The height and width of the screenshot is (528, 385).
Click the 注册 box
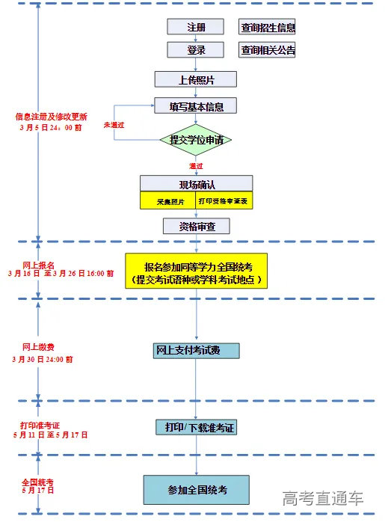tap(195, 27)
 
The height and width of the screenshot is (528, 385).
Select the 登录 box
tap(195, 50)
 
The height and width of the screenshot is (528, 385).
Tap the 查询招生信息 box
tap(267, 28)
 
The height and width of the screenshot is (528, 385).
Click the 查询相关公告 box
tap(267, 50)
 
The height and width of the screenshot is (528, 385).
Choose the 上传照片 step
tap(196, 79)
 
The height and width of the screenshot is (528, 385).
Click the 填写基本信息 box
tap(196, 105)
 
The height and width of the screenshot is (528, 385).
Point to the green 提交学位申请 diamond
tap(196, 140)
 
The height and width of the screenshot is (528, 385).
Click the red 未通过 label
tap(114, 124)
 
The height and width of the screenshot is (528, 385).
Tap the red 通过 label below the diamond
tap(197, 165)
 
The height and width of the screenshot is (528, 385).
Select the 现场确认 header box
tap(196, 184)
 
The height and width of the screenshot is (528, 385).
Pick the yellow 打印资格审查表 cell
tap(224, 202)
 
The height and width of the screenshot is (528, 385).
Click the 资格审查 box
tap(196, 226)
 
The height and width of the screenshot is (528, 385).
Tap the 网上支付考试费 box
tap(196, 350)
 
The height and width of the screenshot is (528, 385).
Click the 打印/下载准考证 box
tap(196, 427)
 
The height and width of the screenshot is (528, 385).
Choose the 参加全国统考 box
tap(196, 489)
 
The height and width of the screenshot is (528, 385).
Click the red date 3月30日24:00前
tap(43, 359)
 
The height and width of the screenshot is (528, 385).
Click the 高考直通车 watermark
tap(323, 499)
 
